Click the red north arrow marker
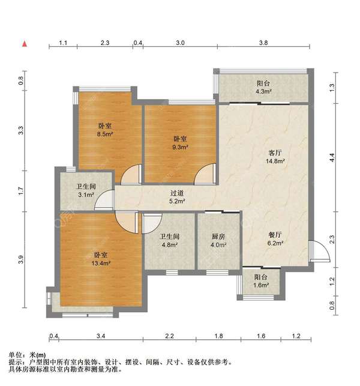[x=25, y=44]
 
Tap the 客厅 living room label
[x=275, y=153]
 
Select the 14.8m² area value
[x=275, y=161]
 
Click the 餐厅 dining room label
[x=275, y=235]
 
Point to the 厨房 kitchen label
[x=218, y=237]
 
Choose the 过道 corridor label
[x=177, y=193]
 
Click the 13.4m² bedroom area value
[x=101, y=263]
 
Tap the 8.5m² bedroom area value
[x=105, y=134]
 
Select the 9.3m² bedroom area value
[x=180, y=147]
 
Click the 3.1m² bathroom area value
[x=86, y=195]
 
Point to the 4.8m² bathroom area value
[x=170, y=245]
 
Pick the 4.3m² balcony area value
[x=263, y=92]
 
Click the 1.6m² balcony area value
[x=261, y=285]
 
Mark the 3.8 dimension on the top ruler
[x=263, y=43]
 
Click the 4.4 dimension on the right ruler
[x=332, y=157]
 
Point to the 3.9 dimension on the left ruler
[x=20, y=260]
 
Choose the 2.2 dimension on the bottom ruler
[x=170, y=336]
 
